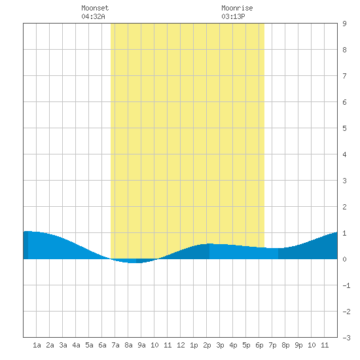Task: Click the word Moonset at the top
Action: [x=95, y=8]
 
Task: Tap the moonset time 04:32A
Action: [x=93, y=16]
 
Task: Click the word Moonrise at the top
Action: [x=237, y=8]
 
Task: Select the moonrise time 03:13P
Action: [x=233, y=16]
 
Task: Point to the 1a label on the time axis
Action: [x=37, y=345]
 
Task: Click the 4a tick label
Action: [x=76, y=345]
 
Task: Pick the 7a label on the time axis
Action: [x=115, y=345]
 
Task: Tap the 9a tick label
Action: [x=141, y=345]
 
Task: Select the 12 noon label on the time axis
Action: [x=181, y=345]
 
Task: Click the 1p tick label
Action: [x=194, y=345]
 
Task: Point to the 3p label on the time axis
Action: [x=220, y=345]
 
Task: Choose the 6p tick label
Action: [x=259, y=345]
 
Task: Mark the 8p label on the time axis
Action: [x=285, y=345]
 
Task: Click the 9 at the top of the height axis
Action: [x=344, y=24]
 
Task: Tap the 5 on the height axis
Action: [x=344, y=128]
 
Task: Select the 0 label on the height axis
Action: [x=344, y=259]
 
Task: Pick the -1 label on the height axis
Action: [x=346, y=285]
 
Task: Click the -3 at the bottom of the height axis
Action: [x=346, y=338]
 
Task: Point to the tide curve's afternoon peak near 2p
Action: [x=209, y=244]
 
